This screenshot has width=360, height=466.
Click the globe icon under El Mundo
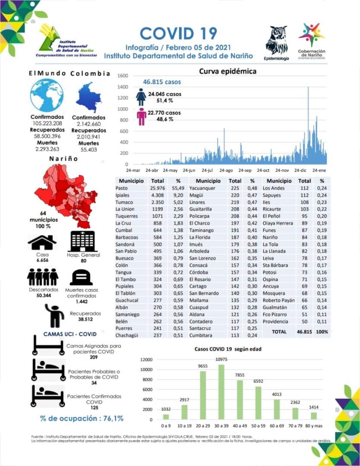(47, 95)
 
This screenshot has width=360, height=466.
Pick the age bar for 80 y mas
(314, 415)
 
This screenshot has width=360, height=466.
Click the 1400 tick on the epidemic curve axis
(123, 87)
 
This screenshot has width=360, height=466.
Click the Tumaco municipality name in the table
(124, 202)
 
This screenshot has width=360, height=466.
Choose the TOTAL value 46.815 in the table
(304, 332)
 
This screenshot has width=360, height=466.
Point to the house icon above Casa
(42, 242)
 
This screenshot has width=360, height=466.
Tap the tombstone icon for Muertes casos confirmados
(82, 277)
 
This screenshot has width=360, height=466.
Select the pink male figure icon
(142, 116)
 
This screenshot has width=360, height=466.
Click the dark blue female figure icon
(141, 97)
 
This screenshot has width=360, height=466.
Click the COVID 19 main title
(178, 33)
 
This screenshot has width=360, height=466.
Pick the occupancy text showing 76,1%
(82, 418)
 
